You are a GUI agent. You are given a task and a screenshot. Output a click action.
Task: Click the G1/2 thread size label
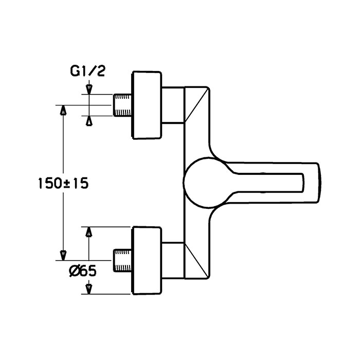click(x=87, y=71)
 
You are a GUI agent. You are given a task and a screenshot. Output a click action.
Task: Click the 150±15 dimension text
click(x=63, y=184)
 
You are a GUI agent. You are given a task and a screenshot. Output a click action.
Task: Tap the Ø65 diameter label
click(x=83, y=272)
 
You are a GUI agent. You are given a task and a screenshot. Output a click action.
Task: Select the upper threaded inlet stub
click(x=122, y=105)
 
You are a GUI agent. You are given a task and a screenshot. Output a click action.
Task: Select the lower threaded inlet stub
click(x=122, y=260)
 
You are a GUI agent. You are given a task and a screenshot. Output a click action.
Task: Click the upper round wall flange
click(x=147, y=105)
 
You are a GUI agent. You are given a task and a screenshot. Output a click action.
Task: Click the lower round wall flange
click(x=147, y=260)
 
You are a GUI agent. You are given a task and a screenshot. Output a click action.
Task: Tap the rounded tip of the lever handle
click(x=319, y=183)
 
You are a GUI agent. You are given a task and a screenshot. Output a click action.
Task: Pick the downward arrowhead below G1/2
click(x=89, y=89)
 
